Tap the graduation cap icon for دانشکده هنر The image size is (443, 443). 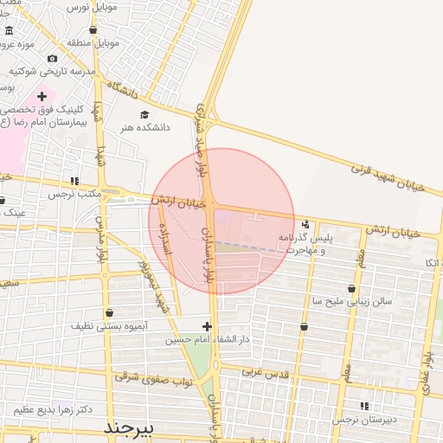[x=144, y=114]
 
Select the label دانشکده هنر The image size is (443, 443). [x=145, y=127]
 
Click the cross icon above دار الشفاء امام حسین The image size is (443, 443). [x=206, y=326]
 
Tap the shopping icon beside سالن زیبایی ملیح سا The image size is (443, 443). [x=351, y=289]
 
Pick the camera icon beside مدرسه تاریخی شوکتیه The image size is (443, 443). [x=52, y=58]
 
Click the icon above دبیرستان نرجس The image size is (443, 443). [x=364, y=405]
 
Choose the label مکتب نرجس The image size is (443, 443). [x=75, y=194]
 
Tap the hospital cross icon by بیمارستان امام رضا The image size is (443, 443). [x=41, y=96]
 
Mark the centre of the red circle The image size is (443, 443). [x=221, y=221]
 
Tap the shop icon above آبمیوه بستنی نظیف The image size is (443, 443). [x=109, y=312]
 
